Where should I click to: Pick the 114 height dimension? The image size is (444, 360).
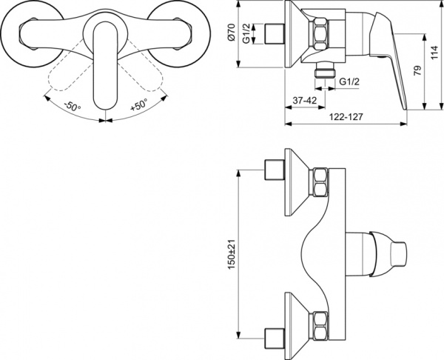[x=437, y=52]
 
